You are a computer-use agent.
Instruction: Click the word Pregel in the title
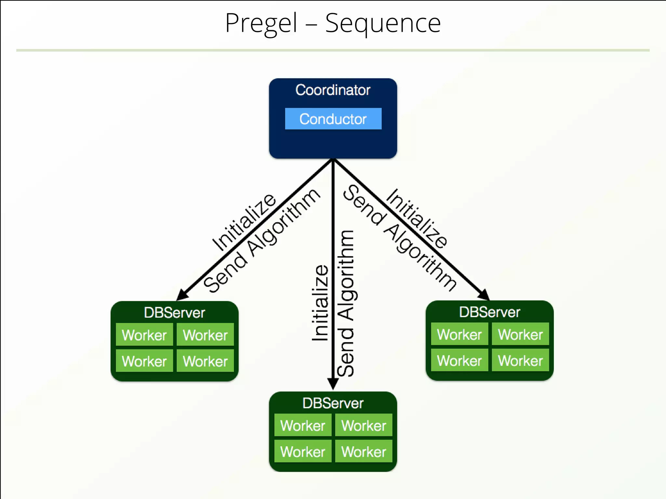(261, 23)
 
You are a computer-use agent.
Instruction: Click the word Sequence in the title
(383, 23)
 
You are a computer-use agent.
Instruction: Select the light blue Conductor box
(333, 119)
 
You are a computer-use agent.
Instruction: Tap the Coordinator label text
(333, 90)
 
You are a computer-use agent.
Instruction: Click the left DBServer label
(174, 313)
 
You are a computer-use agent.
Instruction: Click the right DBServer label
(489, 312)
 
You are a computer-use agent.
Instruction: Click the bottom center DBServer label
(333, 403)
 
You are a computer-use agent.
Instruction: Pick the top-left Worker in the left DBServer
(144, 335)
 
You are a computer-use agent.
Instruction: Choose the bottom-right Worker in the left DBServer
(205, 361)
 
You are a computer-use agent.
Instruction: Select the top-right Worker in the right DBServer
(520, 334)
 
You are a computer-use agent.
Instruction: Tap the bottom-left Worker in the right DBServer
(459, 361)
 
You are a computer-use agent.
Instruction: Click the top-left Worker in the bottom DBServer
(303, 426)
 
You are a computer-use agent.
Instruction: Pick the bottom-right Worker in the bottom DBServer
(364, 452)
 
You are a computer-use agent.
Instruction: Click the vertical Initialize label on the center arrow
(320, 303)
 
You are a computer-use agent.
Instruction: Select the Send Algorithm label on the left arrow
(262, 240)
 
